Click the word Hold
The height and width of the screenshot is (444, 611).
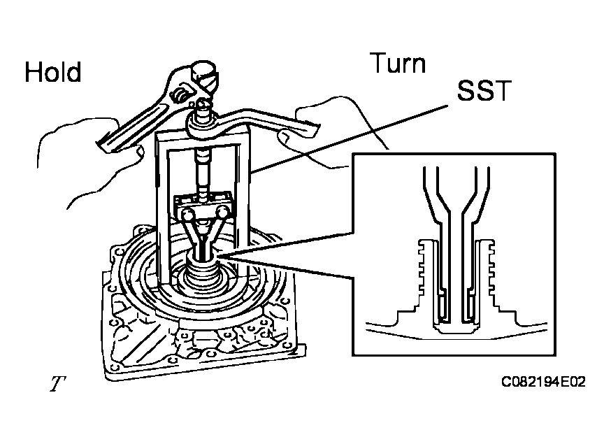click(53, 72)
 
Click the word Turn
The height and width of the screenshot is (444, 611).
click(398, 63)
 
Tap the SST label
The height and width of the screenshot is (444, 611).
click(484, 90)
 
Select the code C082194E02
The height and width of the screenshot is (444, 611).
click(543, 382)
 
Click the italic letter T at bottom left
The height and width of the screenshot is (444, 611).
click(57, 383)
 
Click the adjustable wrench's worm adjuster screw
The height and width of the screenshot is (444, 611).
click(180, 96)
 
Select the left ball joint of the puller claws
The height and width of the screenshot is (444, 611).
click(187, 214)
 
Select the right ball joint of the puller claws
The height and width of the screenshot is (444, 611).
click(222, 213)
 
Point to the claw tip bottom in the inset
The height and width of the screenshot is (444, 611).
click(454, 327)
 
